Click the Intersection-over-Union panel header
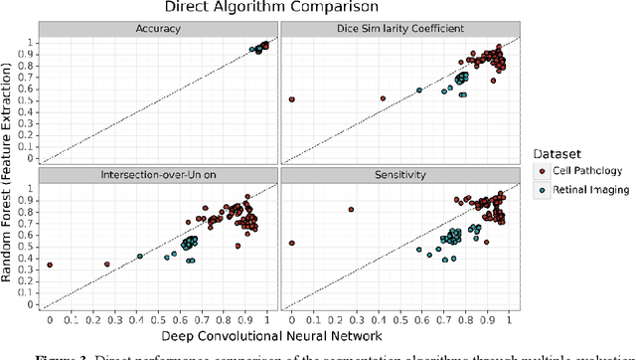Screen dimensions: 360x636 pyautogui.click(x=160, y=175)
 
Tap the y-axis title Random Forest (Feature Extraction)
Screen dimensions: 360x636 pyautogui.click(x=10, y=171)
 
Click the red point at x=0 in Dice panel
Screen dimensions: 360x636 pyautogui.click(x=291, y=99)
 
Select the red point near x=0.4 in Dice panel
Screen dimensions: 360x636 pyautogui.click(x=383, y=98)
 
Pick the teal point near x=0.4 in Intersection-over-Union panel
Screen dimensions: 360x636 pyautogui.click(x=140, y=257)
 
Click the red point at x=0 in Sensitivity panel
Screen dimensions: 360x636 pyautogui.click(x=291, y=243)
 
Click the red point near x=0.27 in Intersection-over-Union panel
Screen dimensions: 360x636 pyautogui.click(x=107, y=265)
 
